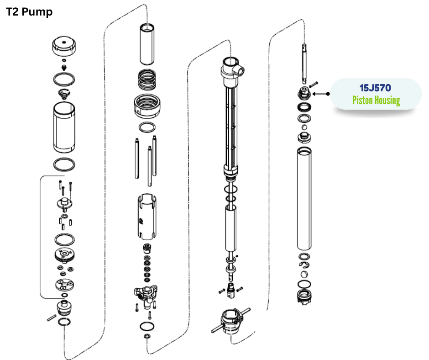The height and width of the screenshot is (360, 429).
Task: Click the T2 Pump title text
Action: coord(29,12)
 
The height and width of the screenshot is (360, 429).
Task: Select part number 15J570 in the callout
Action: coord(375,88)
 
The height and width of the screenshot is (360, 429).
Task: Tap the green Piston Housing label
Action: coord(376,100)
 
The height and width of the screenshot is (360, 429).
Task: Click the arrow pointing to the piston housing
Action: coord(321,94)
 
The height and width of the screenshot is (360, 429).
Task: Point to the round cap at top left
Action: coord(64,46)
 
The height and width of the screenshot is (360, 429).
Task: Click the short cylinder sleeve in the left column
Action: coord(64,127)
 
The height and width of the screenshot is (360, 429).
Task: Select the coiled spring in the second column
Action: coord(147,79)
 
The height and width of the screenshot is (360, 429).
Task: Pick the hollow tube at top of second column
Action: coord(147,44)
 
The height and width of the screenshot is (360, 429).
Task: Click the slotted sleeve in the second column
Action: coord(147,217)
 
